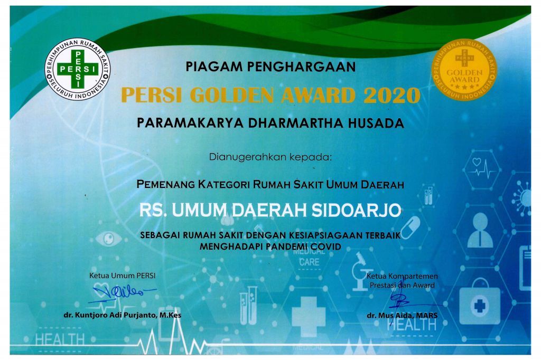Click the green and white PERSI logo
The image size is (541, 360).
point(77,69)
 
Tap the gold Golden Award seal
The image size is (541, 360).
point(464,69)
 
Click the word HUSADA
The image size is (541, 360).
point(376,123)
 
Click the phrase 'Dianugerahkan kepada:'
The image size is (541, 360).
point(270,157)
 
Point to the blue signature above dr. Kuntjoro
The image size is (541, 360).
point(123,293)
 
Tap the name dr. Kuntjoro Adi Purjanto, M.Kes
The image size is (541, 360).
point(123,315)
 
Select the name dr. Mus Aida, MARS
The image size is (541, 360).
point(402,315)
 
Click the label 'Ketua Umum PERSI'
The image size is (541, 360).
point(123,276)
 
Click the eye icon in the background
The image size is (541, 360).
point(109,239)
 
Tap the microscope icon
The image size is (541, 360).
point(361,271)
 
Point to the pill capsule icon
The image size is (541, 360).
point(410,228)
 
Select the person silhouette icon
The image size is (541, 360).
point(480,230)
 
